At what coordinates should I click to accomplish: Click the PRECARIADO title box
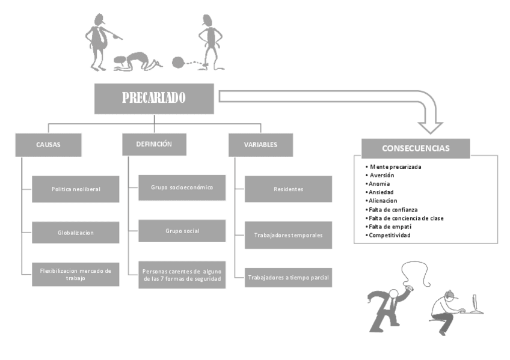click(x=154, y=99)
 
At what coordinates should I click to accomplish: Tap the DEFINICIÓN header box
click(x=154, y=144)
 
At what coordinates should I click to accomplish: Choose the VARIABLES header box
click(x=260, y=145)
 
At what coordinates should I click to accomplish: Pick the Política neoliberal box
click(x=76, y=189)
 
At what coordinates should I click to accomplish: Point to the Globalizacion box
click(x=76, y=232)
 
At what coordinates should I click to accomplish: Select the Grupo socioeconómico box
click(x=182, y=188)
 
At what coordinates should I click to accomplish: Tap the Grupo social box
click(x=182, y=231)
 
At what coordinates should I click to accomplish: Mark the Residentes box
click(x=288, y=189)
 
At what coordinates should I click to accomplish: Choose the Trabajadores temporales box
click(x=288, y=235)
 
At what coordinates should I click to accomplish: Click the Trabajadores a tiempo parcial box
click(x=288, y=277)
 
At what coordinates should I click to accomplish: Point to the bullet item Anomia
click(x=379, y=184)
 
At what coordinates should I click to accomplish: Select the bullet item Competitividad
click(x=390, y=235)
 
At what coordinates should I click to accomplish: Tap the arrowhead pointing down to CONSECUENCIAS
click(x=430, y=126)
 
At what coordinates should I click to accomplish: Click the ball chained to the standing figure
click(x=178, y=62)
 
